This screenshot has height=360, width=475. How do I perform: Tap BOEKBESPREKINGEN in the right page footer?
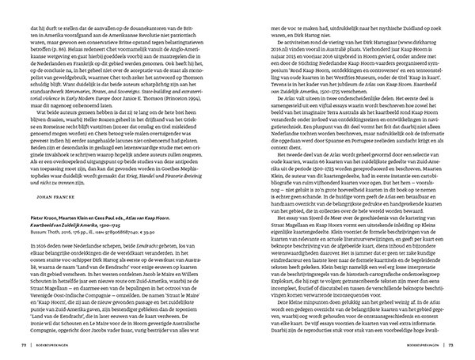click(429, 346)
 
